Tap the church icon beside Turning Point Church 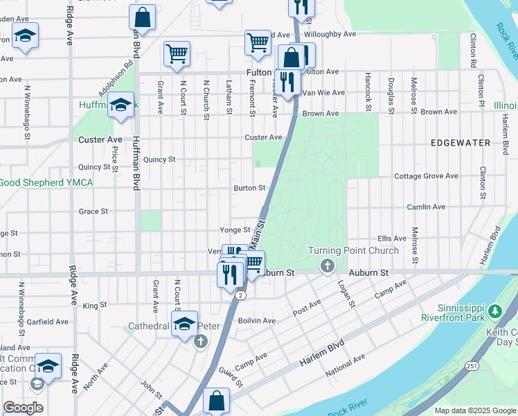[x=327, y=266]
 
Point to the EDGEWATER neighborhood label [x=460, y=143]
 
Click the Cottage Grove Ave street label [x=426, y=176]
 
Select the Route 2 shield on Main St [x=240, y=295]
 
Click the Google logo [x=23, y=408]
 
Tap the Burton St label [x=249, y=188]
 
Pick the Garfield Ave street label [x=47, y=322]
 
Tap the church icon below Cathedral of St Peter [x=200, y=341]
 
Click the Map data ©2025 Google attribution [x=474, y=410]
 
